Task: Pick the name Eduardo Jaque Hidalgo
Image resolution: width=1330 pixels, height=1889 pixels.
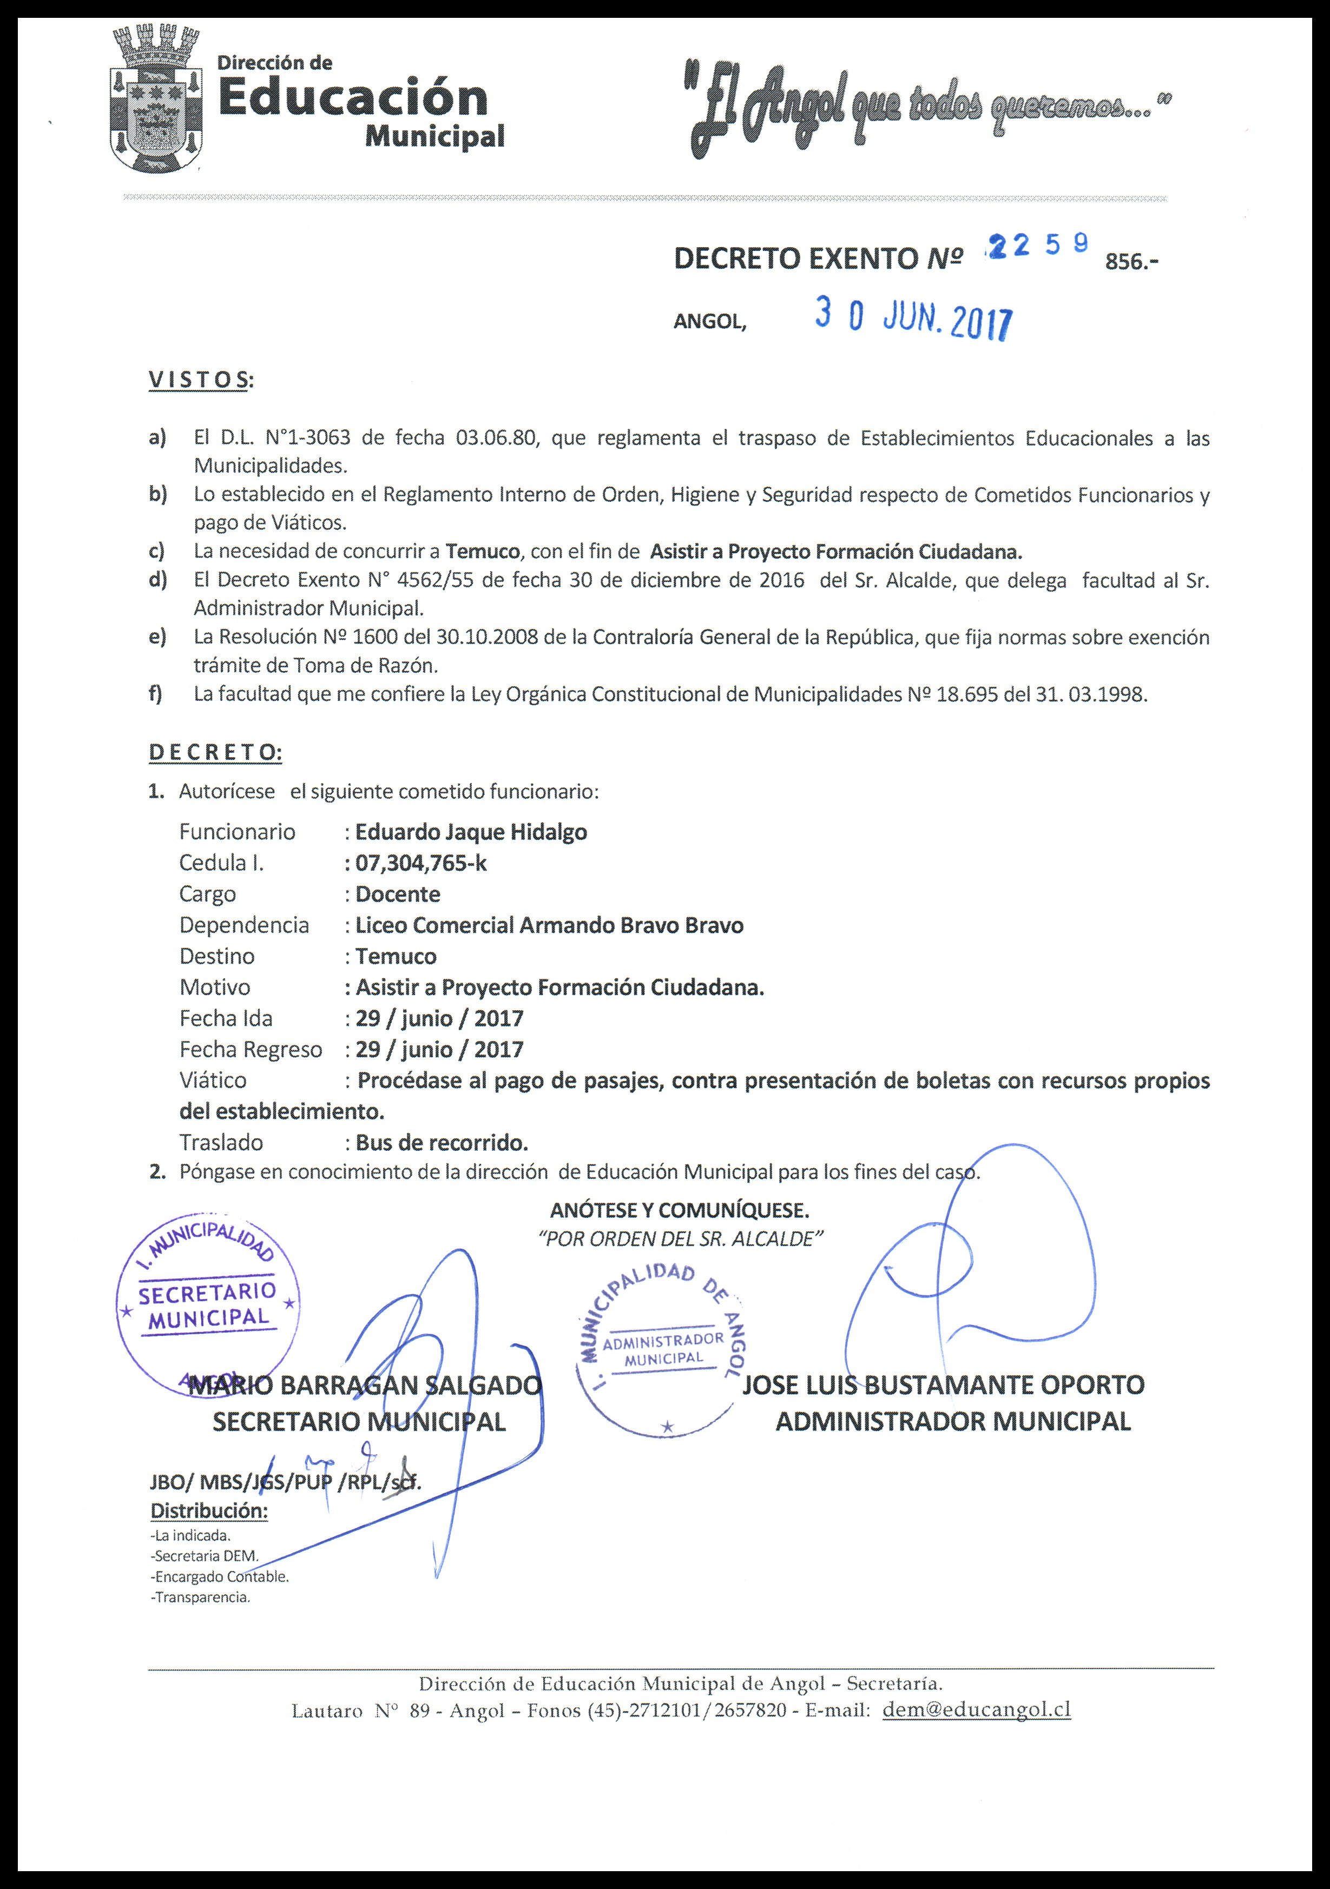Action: [x=471, y=832]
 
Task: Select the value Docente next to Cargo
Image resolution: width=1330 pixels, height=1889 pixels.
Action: [x=398, y=894]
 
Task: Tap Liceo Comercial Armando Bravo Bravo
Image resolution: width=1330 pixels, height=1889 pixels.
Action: [x=549, y=926]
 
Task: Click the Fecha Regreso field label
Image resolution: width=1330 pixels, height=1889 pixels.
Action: [x=250, y=1050]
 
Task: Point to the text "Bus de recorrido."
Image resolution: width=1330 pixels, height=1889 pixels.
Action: [x=442, y=1143]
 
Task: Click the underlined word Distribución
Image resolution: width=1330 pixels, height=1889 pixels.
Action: [x=209, y=1512]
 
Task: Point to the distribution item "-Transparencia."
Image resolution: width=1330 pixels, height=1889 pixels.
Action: [x=200, y=1598]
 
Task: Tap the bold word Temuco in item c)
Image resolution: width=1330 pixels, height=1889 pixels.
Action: [x=482, y=551]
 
